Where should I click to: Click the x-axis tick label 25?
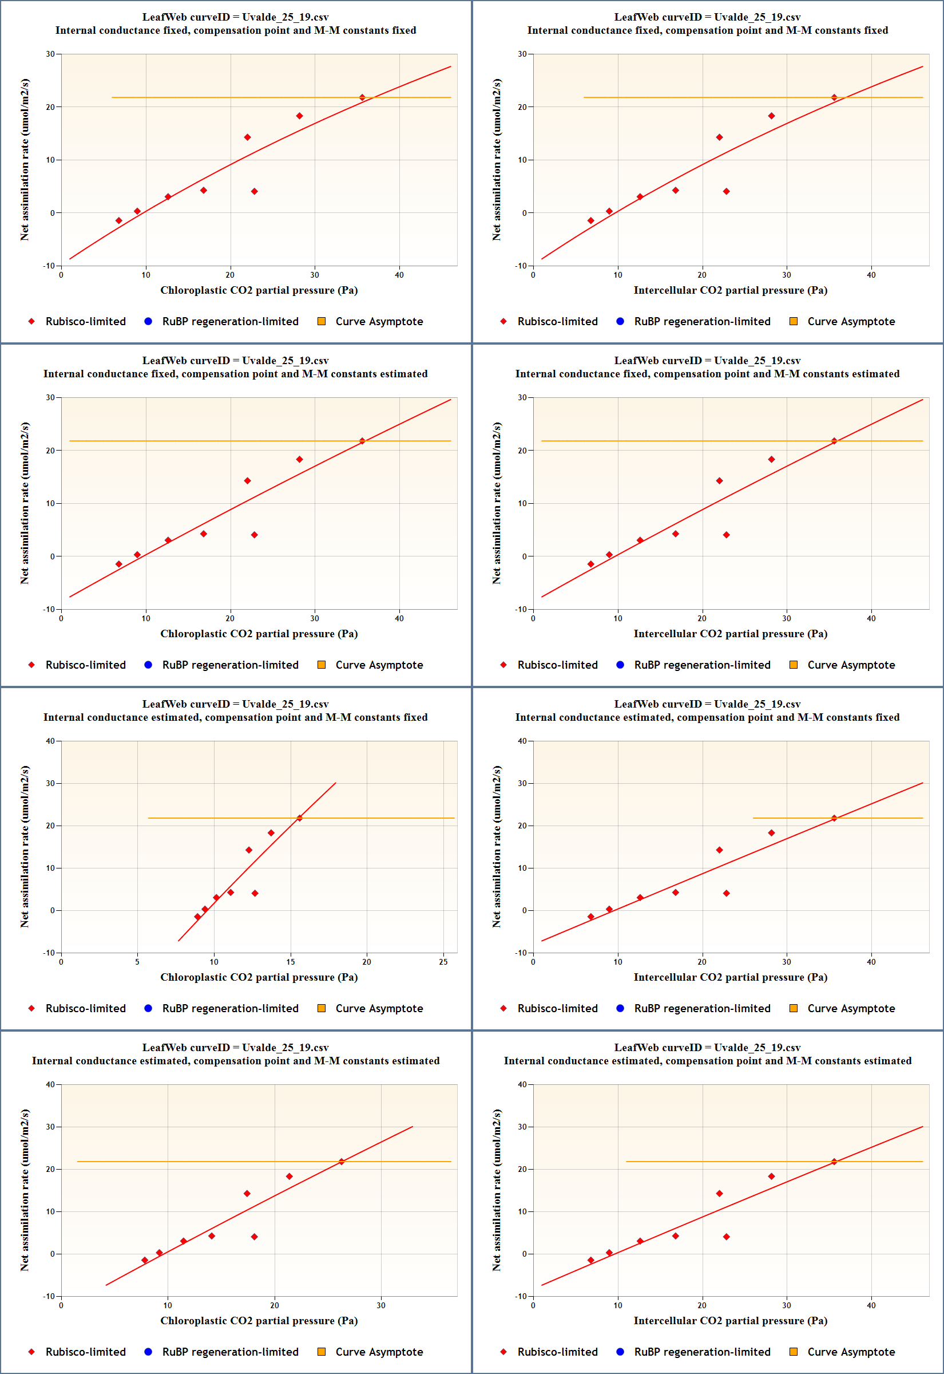click(x=443, y=962)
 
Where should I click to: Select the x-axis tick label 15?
click(x=291, y=962)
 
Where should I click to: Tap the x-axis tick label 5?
click(x=137, y=962)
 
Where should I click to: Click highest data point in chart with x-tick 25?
click(x=299, y=818)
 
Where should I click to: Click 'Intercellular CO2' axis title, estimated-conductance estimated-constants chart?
click(x=730, y=1320)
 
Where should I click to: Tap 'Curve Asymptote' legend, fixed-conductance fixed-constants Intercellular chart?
click(x=851, y=321)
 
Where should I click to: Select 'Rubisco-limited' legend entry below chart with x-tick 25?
click(x=85, y=1008)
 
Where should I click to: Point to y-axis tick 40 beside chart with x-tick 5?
click(x=50, y=741)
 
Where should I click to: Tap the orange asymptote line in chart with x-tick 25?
click(x=384, y=818)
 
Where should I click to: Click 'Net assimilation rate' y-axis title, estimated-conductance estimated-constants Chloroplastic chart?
click(x=24, y=1190)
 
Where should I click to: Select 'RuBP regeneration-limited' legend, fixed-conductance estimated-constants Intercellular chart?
click(x=702, y=665)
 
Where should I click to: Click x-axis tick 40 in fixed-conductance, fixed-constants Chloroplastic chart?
click(x=399, y=275)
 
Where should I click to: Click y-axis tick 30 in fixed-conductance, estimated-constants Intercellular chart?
click(x=522, y=398)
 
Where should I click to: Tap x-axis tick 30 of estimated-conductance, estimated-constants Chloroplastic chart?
click(x=381, y=1305)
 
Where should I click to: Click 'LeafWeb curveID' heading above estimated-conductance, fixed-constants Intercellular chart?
click(x=707, y=704)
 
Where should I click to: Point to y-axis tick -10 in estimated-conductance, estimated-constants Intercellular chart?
click(x=521, y=1296)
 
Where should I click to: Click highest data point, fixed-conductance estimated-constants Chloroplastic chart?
click(x=362, y=441)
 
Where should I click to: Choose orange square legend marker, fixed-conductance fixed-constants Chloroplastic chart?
click(x=321, y=321)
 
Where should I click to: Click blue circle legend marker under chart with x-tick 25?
click(x=148, y=1008)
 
